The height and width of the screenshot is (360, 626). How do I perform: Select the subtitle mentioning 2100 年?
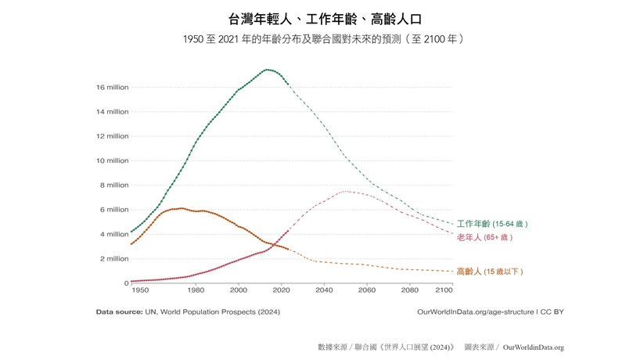(x=313, y=39)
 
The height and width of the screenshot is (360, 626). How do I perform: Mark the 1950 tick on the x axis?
(x=140, y=291)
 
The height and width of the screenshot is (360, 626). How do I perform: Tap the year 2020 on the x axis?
(x=281, y=291)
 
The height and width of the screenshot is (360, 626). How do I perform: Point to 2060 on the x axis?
(x=366, y=291)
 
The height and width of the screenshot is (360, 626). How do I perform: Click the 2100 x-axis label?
(x=444, y=291)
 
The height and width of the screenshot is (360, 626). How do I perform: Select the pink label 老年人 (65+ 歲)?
(x=484, y=237)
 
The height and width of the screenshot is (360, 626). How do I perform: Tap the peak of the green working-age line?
(x=268, y=70)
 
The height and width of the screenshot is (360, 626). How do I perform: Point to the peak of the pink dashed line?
(x=345, y=191)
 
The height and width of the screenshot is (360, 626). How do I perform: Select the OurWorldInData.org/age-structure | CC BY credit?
(x=491, y=311)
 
